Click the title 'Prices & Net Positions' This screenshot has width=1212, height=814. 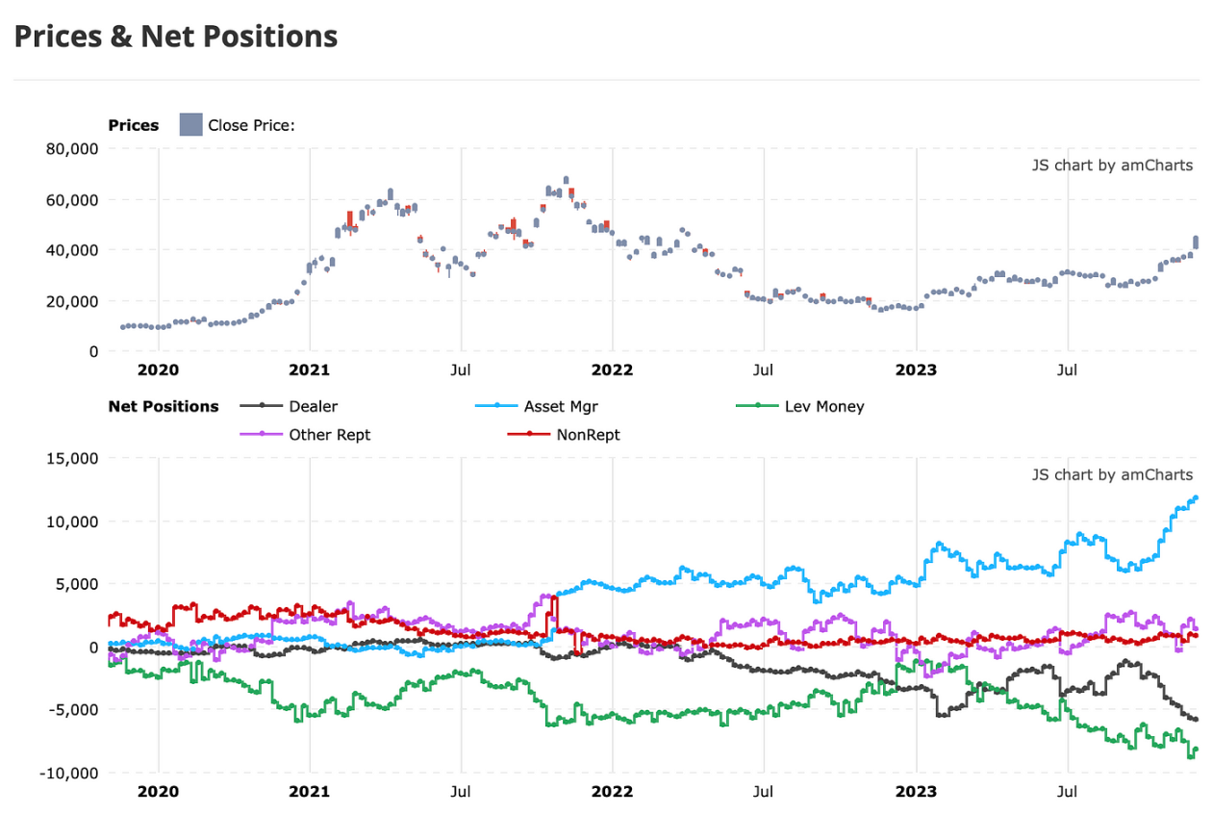pyautogui.click(x=175, y=37)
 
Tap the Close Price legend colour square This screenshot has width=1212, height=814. pyautogui.click(x=190, y=125)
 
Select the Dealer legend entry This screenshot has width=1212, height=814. pyautogui.click(x=313, y=406)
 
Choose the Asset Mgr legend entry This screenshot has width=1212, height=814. pyautogui.click(x=561, y=406)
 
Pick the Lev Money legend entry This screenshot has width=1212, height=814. pyautogui.click(x=824, y=406)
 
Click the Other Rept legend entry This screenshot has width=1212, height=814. pyautogui.click(x=329, y=435)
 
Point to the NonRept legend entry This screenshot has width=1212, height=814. pyautogui.click(x=588, y=435)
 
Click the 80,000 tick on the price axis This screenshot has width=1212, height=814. pyautogui.click(x=73, y=149)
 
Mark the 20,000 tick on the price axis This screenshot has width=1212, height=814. pyautogui.click(x=73, y=301)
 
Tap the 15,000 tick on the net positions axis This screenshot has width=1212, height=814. pyautogui.click(x=73, y=459)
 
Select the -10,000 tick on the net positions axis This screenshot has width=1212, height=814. pyautogui.click(x=70, y=773)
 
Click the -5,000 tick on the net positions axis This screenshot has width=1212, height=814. pyautogui.click(x=73, y=710)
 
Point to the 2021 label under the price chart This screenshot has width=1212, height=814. pyautogui.click(x=310, y=369)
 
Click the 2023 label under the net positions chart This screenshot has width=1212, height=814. pyautogui.click(x=916, y=792)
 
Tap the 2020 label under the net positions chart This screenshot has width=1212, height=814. pyautogui.click(x=159, y=792)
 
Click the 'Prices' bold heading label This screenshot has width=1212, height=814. pyautogui.click(x=134, y=125)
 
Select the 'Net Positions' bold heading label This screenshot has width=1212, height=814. pyautogui.click(x=164, y=406)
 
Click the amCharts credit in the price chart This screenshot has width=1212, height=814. pyautogui.click(x=1112, y=165)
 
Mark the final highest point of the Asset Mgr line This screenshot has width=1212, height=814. pyautogui.click(x=1196, y=497)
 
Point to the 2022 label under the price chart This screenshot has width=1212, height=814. pyautogui.click(x=613, y=369)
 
